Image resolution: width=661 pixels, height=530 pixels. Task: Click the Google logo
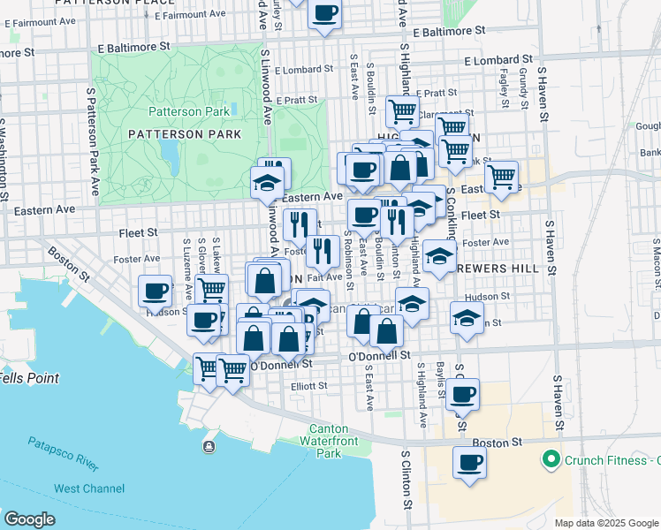coord(30,519)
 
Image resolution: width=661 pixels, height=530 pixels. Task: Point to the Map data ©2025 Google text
coord(606,523)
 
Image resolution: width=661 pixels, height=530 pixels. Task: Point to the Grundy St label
coord(524,87)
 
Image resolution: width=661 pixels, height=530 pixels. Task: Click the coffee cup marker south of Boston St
coord(469,462)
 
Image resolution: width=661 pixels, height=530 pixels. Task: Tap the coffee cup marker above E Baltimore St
coord(325,13)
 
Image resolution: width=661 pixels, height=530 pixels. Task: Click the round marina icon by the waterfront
coord(209,446)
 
